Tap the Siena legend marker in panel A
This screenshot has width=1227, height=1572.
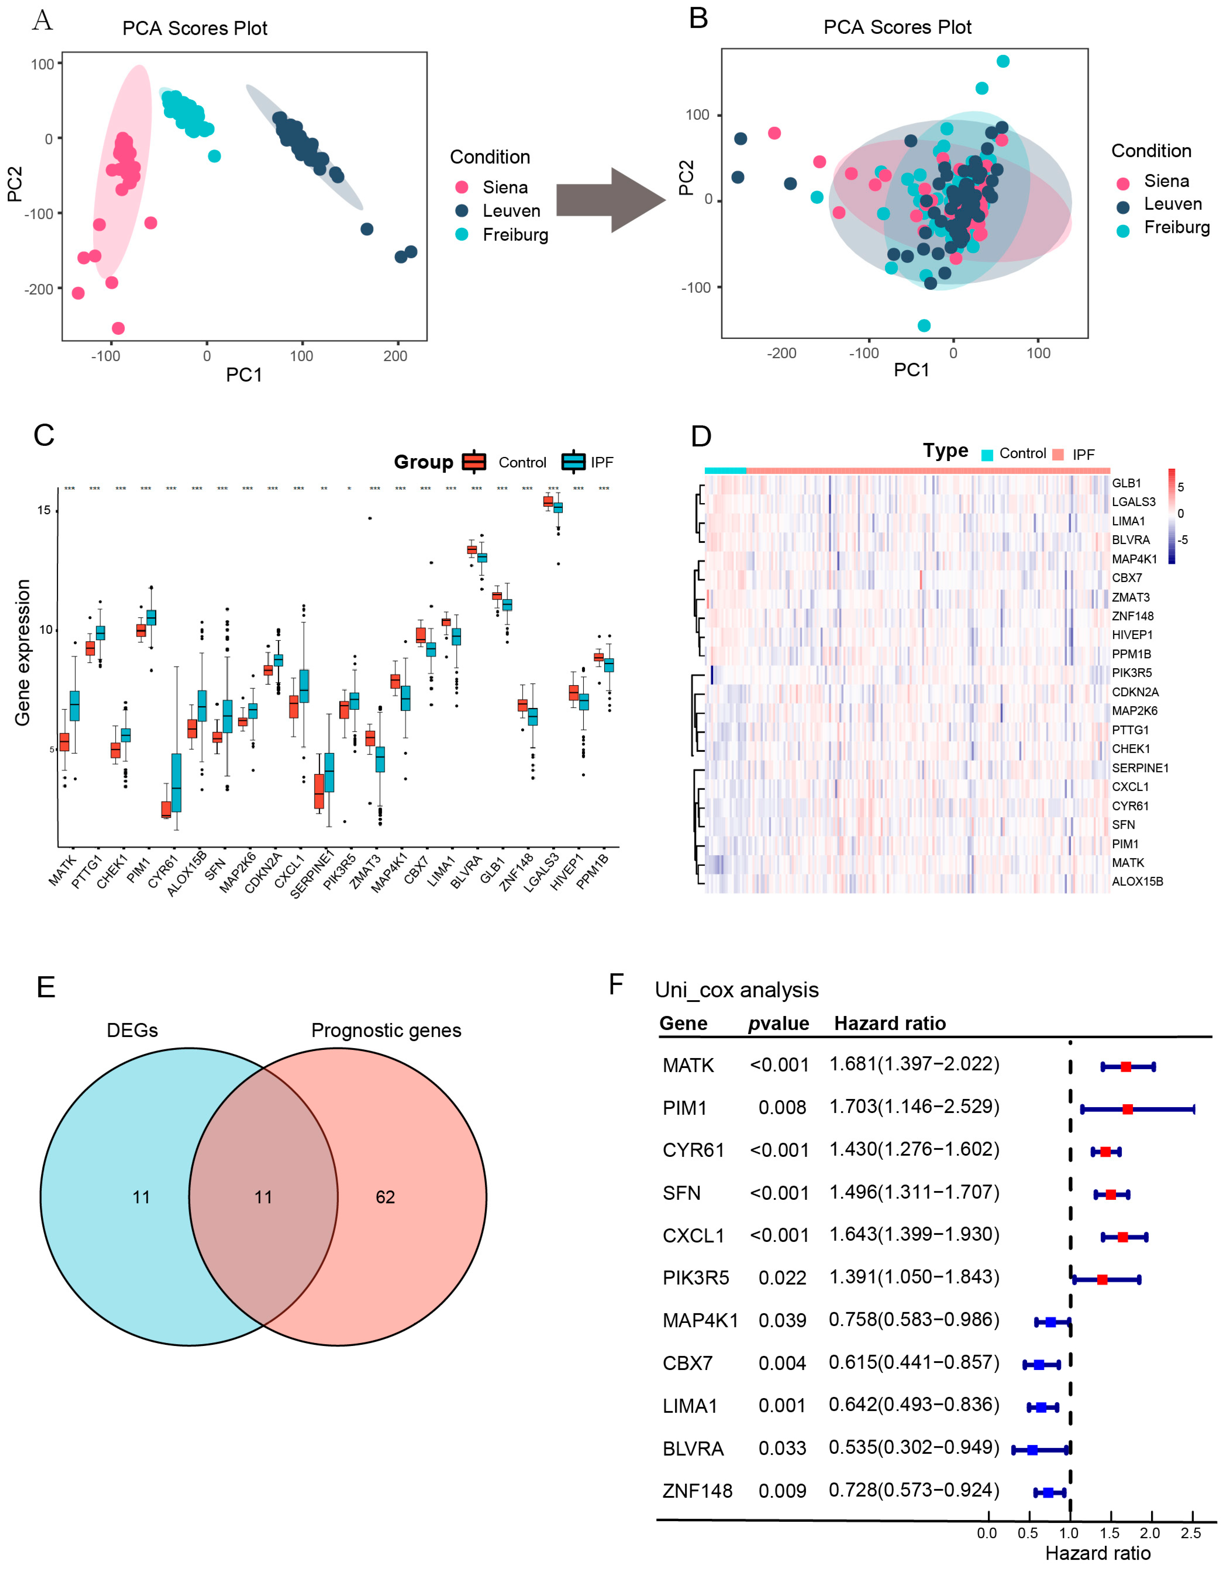(x=462, y=187)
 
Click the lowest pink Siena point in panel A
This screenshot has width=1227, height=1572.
(x=119, y=328)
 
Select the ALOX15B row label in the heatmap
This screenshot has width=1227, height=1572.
(x=1137, y=882)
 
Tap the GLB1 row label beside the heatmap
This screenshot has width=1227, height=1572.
(x=1126, y=483)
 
